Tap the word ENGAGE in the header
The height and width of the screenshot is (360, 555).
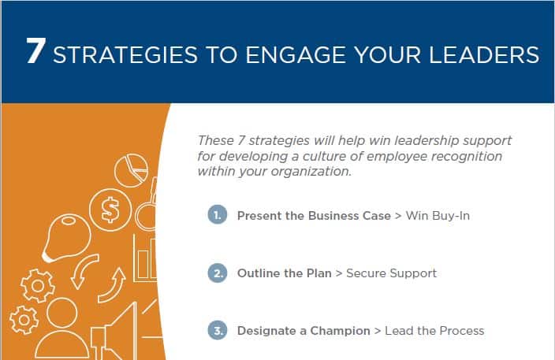click(x=296, y=55)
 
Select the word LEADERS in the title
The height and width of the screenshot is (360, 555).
click(x=484, y=55)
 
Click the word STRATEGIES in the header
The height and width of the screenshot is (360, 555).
click(x=125, y=55)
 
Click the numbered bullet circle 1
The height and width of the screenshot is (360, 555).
click(x=218, y=214)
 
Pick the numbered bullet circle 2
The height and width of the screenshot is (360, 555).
click(x=218, y=273)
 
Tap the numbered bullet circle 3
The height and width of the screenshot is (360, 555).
click(x=218, y=330)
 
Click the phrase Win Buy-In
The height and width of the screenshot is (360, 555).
click(x=438, y=216)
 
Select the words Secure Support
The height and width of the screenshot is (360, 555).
click(x=392, y=273)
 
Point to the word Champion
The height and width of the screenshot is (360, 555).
click(x=340, y=331)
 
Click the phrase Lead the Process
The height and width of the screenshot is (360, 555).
click(x=434, y=331)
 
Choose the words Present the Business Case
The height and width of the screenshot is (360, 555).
click(x=314, y=216)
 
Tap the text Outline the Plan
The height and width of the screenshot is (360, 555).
click(x=285, y=273)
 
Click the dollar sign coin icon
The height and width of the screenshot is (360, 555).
click(x=110, y=210)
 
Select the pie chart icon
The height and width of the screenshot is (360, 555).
click(x=132, y=170)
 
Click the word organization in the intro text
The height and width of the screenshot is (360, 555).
click(x=312, y=172)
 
